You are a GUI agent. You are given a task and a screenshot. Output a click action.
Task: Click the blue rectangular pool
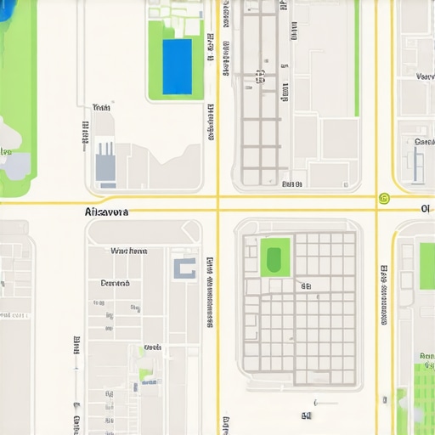tap(177, 65)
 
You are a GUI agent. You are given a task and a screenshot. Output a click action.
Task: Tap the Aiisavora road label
tap(107, 212)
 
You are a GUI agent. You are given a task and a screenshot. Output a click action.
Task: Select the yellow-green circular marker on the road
tap(383, 199)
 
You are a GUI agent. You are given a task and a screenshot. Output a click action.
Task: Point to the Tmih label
tap(102, 108)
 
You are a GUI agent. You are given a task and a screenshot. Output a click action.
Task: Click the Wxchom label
tap(129, 251)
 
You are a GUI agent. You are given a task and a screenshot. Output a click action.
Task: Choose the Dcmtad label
tap(115, 283)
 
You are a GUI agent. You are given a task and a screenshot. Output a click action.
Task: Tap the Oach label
tap(153, 347)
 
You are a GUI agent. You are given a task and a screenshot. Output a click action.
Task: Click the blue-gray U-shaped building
tap(184, 268)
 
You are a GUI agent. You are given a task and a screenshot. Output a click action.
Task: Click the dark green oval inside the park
tap(274, 258)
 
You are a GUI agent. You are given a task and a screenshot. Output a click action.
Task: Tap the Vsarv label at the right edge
tap(425, 76)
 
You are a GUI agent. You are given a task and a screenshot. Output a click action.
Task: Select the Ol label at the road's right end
tap(426, 209)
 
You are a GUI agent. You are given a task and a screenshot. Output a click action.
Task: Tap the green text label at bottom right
tap(425, 356)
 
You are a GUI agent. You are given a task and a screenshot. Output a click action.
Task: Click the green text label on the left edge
tap(5, 153)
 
